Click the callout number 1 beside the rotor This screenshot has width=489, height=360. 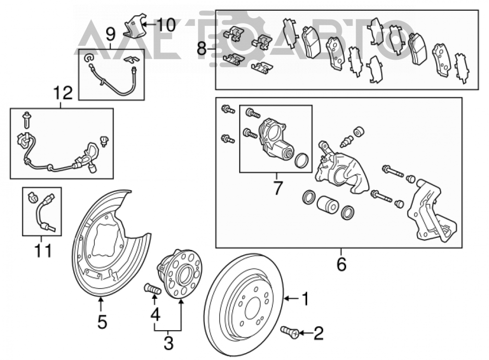pos(305,298)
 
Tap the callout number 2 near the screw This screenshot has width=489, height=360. pos(318,333)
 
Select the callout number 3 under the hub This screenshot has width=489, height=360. pos(168,343)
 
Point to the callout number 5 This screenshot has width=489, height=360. pos(102,321)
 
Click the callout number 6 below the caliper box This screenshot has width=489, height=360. pos(341,264)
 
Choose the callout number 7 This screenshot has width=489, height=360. pos(277,187)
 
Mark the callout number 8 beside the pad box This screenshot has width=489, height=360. pos(202,49)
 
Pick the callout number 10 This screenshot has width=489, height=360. pos(166,24)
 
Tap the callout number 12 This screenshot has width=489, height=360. pos(63,92)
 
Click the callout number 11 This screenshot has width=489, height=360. pos(43,250)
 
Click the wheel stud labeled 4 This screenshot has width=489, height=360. pos(153,289)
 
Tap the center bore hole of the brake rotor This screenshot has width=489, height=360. pos(253,308)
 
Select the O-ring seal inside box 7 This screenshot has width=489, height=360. pos(302,160)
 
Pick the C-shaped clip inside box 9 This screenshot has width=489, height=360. pos(89,58)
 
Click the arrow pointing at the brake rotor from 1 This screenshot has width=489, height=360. pos(291,299)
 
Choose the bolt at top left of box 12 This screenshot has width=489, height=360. pos(26,120)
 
